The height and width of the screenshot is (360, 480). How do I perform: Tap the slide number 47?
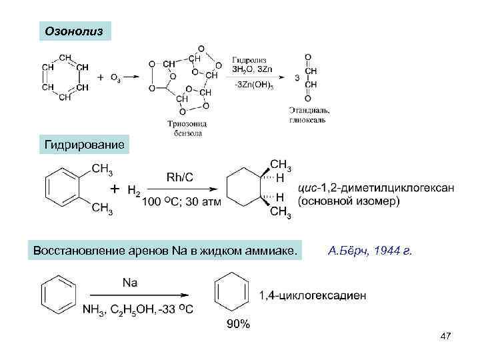446,337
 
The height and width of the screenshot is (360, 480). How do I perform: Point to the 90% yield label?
238,324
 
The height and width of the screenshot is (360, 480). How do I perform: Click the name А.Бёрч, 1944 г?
371,251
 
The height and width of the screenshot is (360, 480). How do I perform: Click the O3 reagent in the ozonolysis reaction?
115,78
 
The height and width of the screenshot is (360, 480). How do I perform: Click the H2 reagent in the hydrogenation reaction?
134,191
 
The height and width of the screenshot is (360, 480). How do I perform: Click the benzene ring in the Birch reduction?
58,293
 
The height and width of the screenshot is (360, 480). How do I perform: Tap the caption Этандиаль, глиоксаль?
309,114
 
